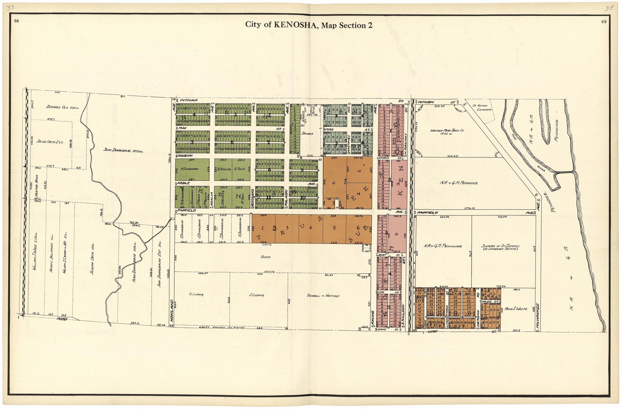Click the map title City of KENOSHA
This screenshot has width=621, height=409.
pos(308,25)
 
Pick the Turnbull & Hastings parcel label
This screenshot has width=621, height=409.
pos(323,296)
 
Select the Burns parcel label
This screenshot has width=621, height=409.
pos(265,257)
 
